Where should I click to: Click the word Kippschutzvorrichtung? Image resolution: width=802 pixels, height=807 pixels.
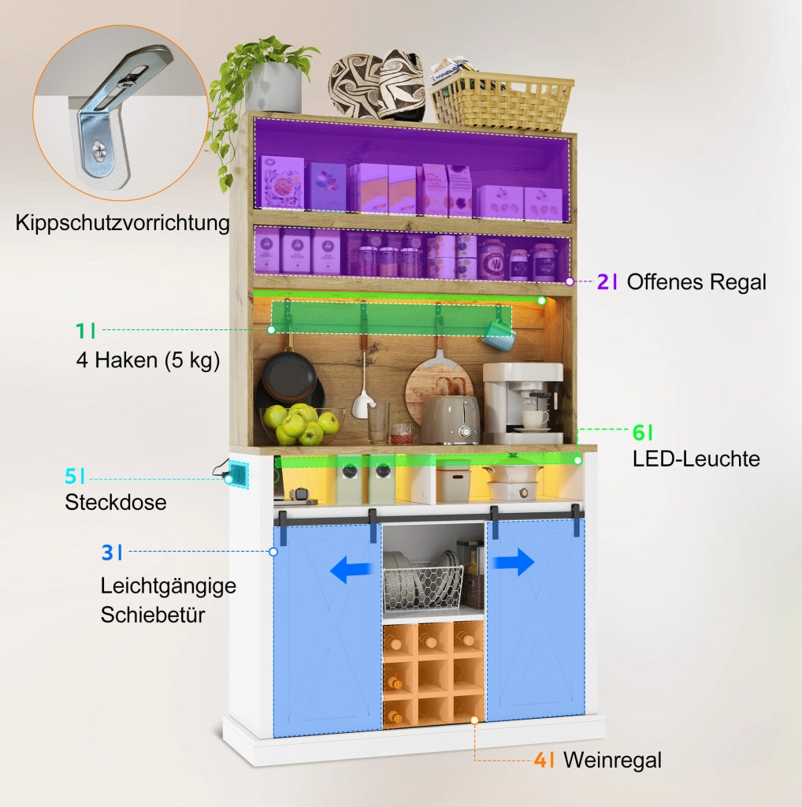pos(122,223)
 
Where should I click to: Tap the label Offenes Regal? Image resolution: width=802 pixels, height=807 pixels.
pos(696,282)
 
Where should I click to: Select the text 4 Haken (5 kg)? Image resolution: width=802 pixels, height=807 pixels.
pos(148,360)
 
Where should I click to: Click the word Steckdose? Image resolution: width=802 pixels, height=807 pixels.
pos(116,502)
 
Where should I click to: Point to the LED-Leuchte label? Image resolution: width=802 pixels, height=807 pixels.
pos(696,459)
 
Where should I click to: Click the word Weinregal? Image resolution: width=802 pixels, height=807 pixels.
pos(612,761)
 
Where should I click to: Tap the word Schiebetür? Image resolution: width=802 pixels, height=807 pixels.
pos(153,615)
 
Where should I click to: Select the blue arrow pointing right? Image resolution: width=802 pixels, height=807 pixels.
pos(512,562)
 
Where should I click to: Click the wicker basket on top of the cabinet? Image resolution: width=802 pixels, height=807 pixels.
pos(501,101)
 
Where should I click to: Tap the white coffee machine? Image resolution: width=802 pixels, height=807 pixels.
pos(522,403)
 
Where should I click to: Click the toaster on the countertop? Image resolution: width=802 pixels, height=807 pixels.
pos(450,418)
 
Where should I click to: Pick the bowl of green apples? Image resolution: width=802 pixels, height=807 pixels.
pos(301,424)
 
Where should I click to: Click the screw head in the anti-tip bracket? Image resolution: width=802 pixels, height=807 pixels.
pos(99,151)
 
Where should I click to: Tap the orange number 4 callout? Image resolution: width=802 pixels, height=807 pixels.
pos(540,760)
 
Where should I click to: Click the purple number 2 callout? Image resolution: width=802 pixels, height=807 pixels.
pos(603,281)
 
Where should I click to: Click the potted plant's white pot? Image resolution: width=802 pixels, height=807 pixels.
pos(273,87)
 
